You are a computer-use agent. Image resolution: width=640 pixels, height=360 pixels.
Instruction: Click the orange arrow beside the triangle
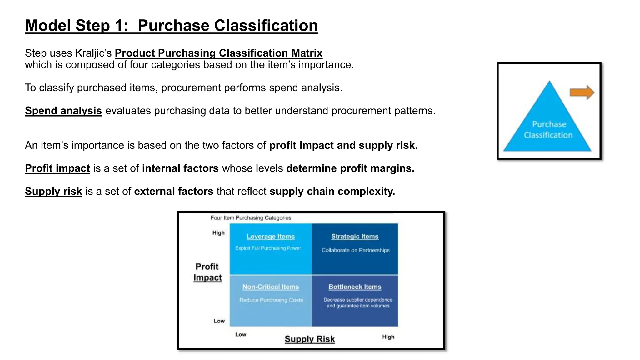(582, 92)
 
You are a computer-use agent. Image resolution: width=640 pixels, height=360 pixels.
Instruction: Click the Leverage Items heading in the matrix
(271, 237)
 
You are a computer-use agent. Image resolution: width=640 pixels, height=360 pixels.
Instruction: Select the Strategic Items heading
(355, 237)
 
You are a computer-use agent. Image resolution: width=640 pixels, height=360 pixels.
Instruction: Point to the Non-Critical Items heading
(271, 287)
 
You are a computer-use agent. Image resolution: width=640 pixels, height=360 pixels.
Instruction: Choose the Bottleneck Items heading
(355, 287)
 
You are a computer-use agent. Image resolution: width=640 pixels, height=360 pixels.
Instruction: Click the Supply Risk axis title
(309, 339)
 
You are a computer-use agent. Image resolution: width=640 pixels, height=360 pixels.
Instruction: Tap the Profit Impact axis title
(207, 272)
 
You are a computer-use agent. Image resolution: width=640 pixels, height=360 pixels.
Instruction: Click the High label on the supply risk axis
(388, 337)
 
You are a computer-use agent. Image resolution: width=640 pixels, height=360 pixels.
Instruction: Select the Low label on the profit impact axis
(219, 321)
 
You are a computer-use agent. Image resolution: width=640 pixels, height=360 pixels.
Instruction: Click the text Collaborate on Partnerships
(355, 250)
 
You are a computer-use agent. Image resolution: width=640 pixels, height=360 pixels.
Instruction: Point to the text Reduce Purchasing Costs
(271, 300)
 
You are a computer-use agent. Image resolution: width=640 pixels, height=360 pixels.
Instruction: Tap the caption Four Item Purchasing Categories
(251, 218)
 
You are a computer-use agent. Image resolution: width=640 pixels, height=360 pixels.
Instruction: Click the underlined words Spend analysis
(63, 111)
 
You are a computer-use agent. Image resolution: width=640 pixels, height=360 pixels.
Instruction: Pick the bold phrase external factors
(173, 191)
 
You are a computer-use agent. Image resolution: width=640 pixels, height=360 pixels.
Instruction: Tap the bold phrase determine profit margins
(350, 168)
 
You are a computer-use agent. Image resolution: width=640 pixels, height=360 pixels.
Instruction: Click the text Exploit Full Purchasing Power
(268, 248)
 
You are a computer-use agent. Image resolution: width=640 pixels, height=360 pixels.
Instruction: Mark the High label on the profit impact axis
(218, 233)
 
